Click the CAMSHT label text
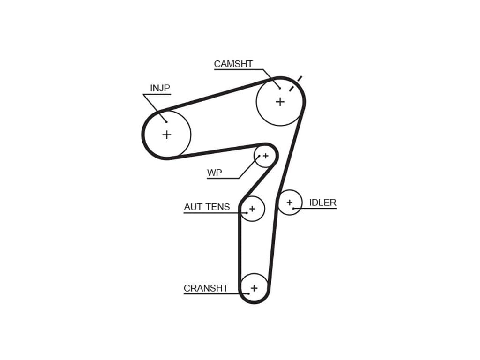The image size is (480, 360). tap(233, 64)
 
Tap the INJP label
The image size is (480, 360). tap(160, 88)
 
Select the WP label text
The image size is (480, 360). tap(214, 173)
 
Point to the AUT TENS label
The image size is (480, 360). tap(207, 207)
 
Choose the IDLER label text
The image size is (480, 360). tap(322, 202)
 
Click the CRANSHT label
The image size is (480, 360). tap(206, 288)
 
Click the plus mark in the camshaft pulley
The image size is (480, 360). tap(280, 101)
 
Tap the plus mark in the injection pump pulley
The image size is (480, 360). tap(166, 135)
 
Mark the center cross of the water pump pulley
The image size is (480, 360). tap(265, 156)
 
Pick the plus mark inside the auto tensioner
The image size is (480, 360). tap(252, 209)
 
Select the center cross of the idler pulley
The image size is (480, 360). tap(290, 202)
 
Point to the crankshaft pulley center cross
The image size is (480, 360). tap(254, 288)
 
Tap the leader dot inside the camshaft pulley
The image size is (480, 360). tap(280, 88)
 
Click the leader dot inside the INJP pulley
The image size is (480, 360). tap(166, 122)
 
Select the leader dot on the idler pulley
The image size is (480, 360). tap(294, 208)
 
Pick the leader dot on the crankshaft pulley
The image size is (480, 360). tap(248, 294)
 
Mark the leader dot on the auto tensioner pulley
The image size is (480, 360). tap(246, 213)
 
